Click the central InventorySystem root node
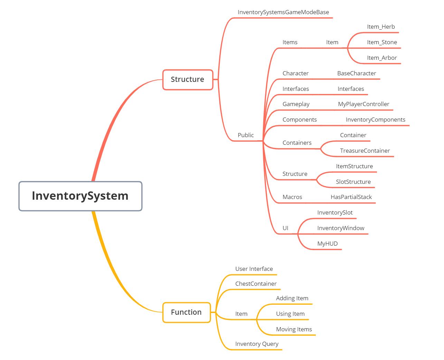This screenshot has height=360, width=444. tap(80, 196)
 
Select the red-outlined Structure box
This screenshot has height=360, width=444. tap(188, 79)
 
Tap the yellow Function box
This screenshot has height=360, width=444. tap(186, 312)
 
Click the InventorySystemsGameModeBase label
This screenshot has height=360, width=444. tap(283, 12)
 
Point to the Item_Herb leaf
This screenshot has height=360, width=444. tap(381, 27)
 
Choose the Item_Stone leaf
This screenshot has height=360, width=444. tap(382, 42)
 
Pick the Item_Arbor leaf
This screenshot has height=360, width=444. tap(382, 58)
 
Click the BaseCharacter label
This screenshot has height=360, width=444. tap(357, 73)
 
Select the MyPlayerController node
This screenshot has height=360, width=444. tap(363, 104)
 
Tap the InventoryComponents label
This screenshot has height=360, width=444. tap(375, 120)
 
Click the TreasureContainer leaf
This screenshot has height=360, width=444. tap(365, 151)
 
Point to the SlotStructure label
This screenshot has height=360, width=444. tap(353, 182)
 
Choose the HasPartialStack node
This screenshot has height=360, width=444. tap(351, 197)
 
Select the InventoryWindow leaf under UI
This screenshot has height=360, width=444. tap(341, 228)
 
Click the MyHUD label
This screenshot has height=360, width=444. tap(327, 244)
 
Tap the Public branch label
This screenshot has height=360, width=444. tap(246, 135)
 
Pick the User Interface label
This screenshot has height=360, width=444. tap(254, 269)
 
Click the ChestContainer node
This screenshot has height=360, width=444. tap(256, 284)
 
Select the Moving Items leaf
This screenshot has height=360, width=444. tap(294, 329)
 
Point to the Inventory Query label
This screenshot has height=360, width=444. tap(257, 344)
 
